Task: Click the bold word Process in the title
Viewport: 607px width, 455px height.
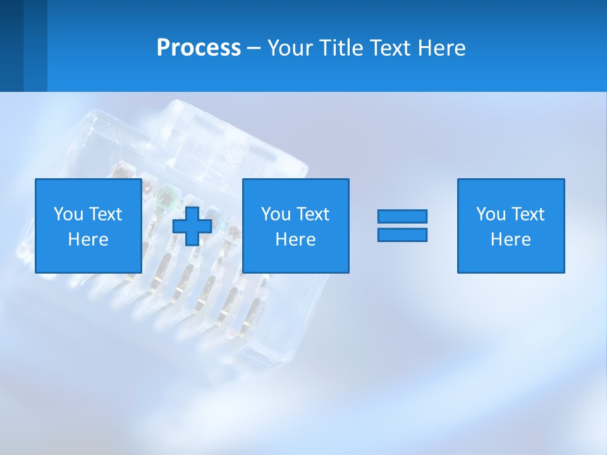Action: pyautogui.click(x=199, y=48)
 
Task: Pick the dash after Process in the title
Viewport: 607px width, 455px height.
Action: pyautogui.click(x=254, y=49)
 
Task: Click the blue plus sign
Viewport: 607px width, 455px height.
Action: pyautogui.click(x=192, y=226)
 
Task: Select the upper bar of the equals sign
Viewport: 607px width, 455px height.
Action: pyautogui.click(x=402, y=216)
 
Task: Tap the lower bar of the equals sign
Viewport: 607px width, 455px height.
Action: pyautogui.click(x=402, y=234)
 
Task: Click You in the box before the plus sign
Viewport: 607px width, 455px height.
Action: pyautogui.click(x=68, y=214)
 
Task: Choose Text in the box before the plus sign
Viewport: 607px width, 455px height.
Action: pyautogui.click(x=104, y=214)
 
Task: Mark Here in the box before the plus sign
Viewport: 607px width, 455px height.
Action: pyautogui.click(x=88, y=240)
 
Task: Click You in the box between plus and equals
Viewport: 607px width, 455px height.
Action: pyautogui.click(x=276, y=214)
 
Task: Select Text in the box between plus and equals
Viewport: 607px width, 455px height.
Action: pyautogui.click(x=312, y=214)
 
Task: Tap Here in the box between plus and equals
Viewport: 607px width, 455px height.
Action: pyautogui.click(x=295, y=240)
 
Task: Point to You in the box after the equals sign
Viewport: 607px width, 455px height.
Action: pyautogui.click(x=491, y=214)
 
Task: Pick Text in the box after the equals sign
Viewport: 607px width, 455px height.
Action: pyautogui.click(x=527, y=214)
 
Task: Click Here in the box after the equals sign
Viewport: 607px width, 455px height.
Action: pyautogui.click(x=510, y=240)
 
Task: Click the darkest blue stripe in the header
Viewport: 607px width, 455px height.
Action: pyautogui.click(x=11, y=45)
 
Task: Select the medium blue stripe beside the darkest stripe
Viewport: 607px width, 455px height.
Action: pyautogui.click(x=35, y=45)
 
